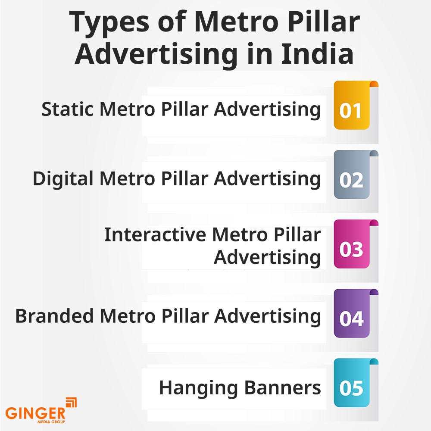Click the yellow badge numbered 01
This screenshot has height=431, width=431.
352,105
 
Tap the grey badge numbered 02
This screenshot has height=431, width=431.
352,175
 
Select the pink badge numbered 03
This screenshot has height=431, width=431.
352,244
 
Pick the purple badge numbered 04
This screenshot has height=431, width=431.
352,313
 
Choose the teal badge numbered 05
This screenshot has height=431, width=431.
352,383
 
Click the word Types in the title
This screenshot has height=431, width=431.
109,23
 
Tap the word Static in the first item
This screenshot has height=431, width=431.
67,109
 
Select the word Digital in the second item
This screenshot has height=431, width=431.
63,179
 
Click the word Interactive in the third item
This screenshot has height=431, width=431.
155,235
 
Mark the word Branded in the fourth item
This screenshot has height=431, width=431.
54,316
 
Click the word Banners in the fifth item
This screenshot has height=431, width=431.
283,388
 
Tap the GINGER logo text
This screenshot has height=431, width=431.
35,413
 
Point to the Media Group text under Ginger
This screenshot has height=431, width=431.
51,422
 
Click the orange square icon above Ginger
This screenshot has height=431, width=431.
72,403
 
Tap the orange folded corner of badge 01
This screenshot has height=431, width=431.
374,84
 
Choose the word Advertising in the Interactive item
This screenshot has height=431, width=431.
267,258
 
